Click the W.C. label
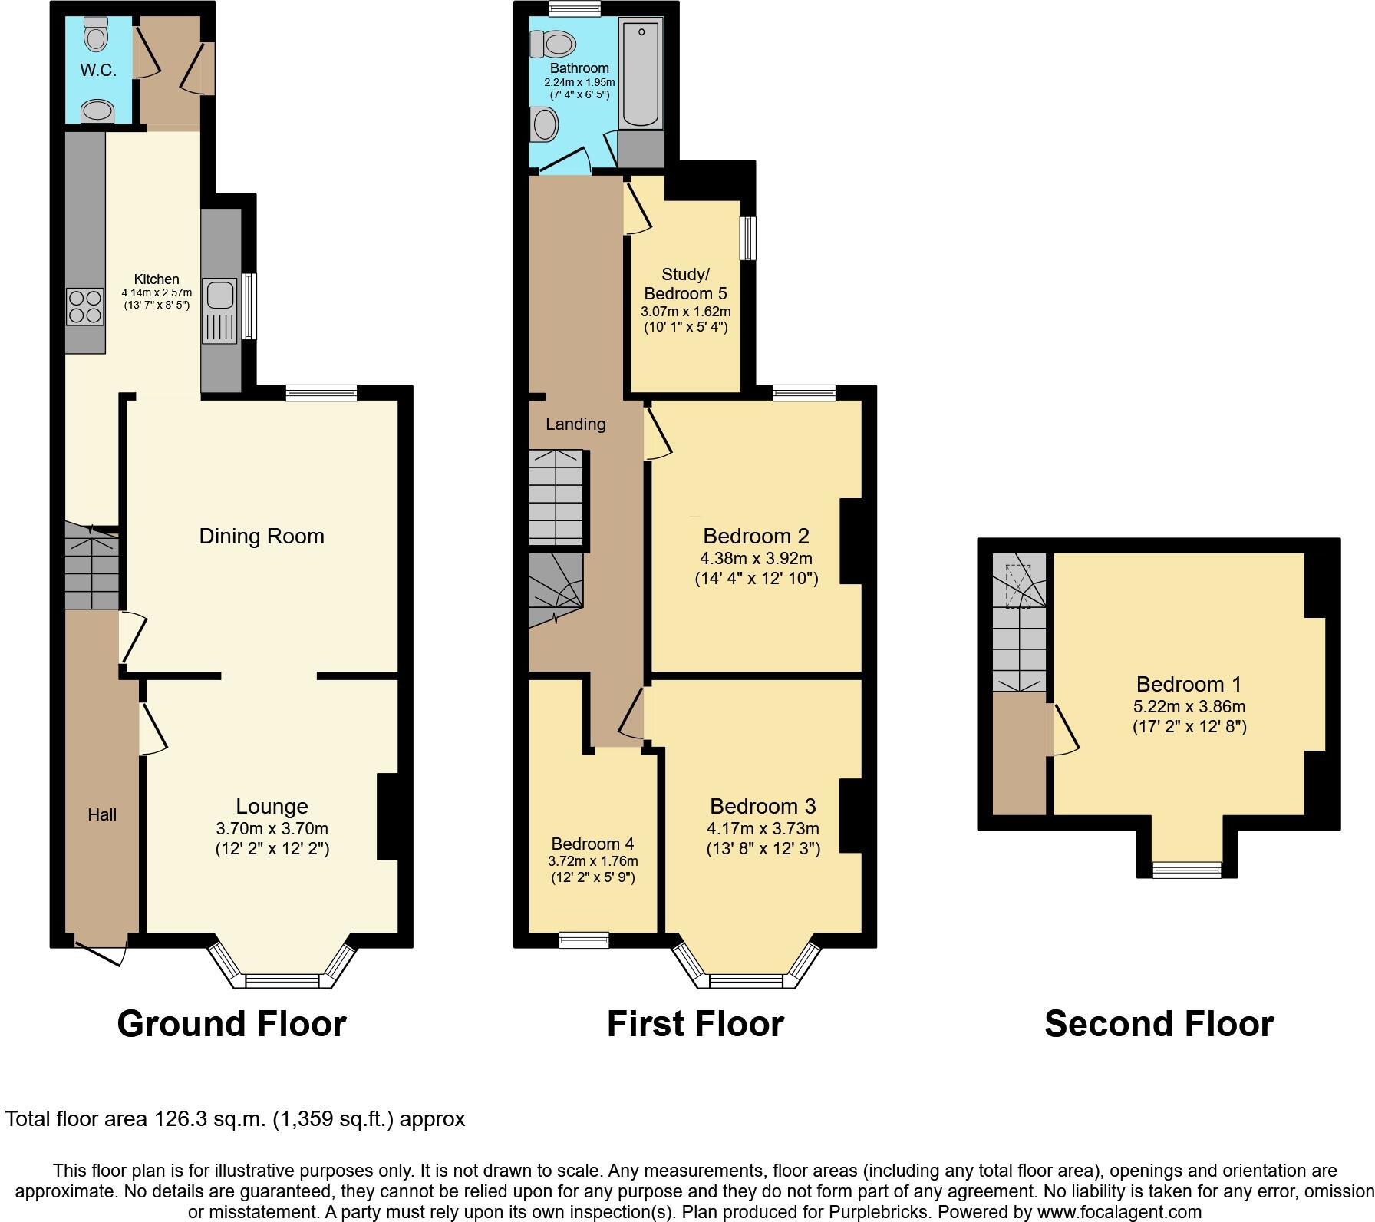click(98, 71)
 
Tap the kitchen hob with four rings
click(84, 305)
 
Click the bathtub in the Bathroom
click(640, 74)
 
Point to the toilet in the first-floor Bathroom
click(552, 43)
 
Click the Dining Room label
click(262, 536)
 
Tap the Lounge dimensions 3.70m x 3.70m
click(272, 829)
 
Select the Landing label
click(575, 424)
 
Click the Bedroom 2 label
click(756, 536)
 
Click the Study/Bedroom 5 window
click(748, 239)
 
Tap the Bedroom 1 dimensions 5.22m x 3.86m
click(1189, 706)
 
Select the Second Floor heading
click(1159, 1024)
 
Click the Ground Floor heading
click(231, 1024)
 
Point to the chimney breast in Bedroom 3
click(850, 816)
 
